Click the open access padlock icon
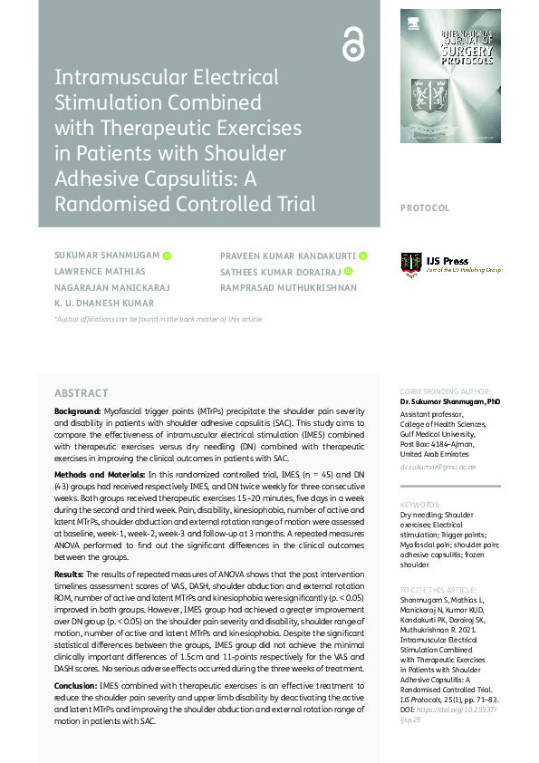point(352,43)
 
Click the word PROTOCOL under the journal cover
point(424,208)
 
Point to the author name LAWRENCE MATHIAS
point(100,272)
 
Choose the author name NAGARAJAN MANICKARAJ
point(112,287)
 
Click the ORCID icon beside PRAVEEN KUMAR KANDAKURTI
point(362,256)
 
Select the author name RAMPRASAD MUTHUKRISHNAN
point(288,287)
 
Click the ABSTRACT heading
point(81,393)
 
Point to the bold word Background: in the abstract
point(78,411)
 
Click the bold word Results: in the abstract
point(71,575)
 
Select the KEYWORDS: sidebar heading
point(420,505)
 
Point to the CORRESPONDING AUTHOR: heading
point(444,391)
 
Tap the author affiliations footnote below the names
point(158,319)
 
